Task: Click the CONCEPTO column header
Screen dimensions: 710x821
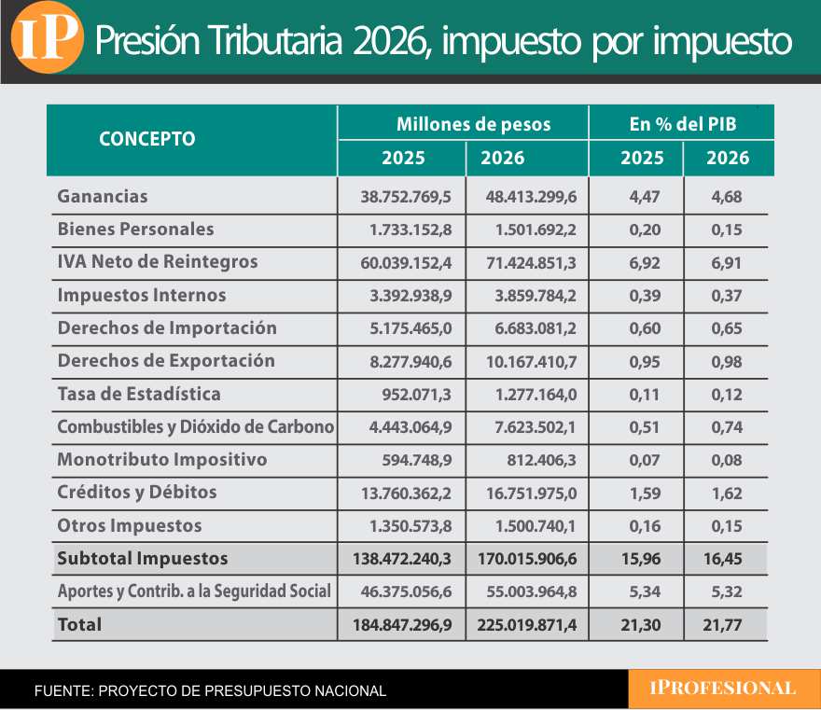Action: pos(147,139)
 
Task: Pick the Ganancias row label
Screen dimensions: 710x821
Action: pos(103,197)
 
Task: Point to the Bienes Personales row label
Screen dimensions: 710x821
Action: pos(135,230)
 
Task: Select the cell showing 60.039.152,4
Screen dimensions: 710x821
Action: pos(406,263)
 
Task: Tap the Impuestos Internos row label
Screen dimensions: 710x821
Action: pos(142,296)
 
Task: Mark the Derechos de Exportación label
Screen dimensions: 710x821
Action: pos(166,361)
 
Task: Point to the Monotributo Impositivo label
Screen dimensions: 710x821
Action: pos(162,460)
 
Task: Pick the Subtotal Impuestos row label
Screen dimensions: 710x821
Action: pos(143,559)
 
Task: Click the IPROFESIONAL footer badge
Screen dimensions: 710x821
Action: pos(723,689)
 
